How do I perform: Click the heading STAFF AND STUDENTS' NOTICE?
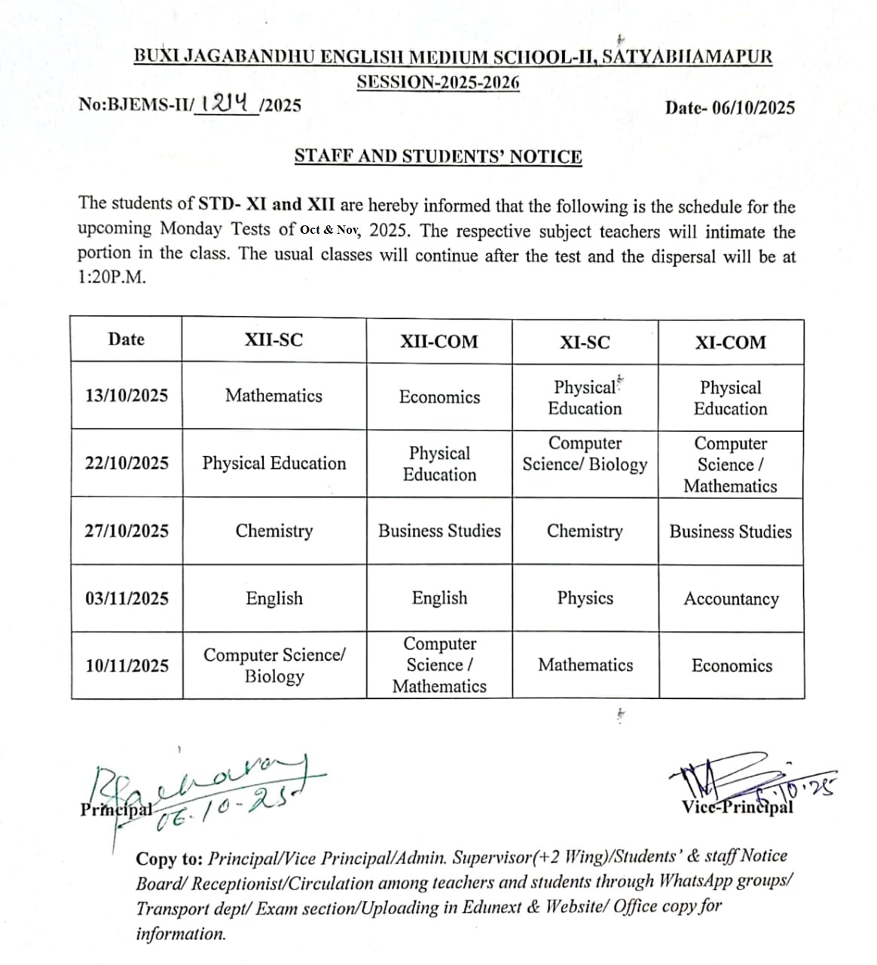438,157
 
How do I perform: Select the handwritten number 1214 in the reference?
225,103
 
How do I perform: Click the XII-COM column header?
438,342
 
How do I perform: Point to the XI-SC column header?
585,342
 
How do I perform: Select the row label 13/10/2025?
127,396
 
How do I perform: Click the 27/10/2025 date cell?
127,531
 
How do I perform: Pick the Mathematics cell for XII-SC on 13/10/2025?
273,396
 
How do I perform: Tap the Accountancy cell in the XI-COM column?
731,599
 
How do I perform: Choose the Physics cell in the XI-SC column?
585,598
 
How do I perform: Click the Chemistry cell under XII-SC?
273,531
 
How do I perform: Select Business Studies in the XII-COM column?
439,531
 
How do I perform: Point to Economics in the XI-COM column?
732,666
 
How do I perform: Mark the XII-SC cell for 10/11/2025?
274,665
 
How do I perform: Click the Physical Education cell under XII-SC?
273,463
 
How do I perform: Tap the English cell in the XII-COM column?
439,598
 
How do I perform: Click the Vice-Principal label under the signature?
737,807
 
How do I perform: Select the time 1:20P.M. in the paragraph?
112,277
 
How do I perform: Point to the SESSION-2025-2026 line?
438,81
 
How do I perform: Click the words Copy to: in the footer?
167,859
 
